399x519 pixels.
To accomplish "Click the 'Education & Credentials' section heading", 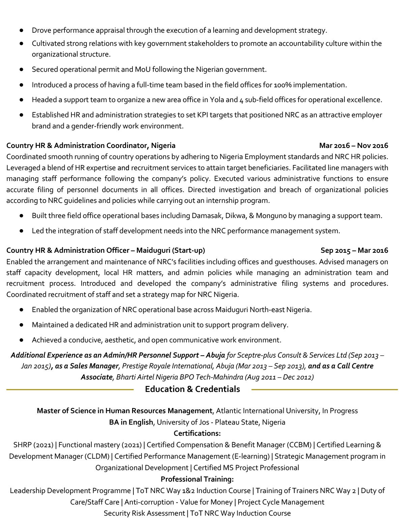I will [x=192, y=389].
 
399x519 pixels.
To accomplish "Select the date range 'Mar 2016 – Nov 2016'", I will [x=354, y=146].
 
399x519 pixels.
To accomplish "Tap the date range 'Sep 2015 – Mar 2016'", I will [x=354, y=250].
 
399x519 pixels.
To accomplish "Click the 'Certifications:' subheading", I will [x=197, y=433].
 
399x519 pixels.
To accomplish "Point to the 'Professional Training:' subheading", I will [x=197, y=479].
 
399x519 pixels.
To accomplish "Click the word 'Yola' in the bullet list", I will [x=217, y=100].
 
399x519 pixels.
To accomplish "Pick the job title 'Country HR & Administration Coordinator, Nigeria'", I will [x=91, y=146].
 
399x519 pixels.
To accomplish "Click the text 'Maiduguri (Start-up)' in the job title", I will [x=171, y=250].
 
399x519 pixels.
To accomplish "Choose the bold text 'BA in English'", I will [x=131, y=422].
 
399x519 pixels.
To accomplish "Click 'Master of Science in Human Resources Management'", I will [x=124, y=411].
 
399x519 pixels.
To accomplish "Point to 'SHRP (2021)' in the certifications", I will [x=33, y=445].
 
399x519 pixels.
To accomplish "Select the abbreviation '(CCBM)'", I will [x=299, y=445].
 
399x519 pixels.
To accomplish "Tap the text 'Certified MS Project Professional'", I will [x=246, y=468].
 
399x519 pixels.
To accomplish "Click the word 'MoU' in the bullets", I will [x=143, y=69].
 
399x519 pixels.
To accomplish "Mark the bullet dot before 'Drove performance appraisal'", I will [x=21, y=30].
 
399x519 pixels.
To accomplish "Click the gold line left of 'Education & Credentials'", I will [x=70, y=390].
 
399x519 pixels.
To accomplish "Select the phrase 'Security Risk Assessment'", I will [x=144, y=513].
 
